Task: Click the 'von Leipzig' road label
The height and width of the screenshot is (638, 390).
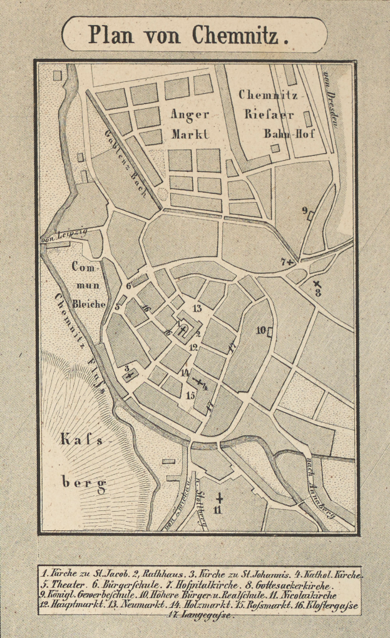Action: click(x=63, y=235)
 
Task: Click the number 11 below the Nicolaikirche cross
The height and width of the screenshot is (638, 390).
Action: click(x=218, y=512)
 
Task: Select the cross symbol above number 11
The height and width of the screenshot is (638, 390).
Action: click(x=219, y=498)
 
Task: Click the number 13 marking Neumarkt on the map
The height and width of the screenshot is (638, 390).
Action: click(x=197, y=308)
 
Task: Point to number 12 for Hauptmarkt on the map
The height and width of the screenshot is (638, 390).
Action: click(x=194, y=347)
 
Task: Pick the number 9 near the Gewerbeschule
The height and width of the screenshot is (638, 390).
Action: click(x=305, y=211)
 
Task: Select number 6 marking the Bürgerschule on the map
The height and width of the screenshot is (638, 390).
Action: click(x=128, y=286)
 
